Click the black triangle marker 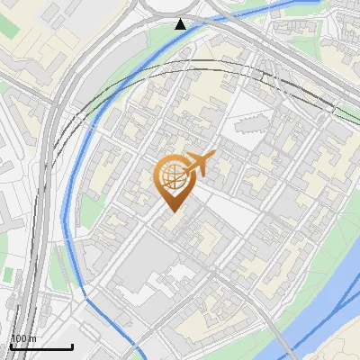(182, 23)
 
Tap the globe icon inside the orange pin (173, 175)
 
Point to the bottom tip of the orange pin (173, 211)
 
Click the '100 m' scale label (23, 338)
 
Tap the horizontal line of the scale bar (41, 346)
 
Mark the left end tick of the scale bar (11, 345)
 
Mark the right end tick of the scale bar (72, 345)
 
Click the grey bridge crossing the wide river (274, 337)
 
